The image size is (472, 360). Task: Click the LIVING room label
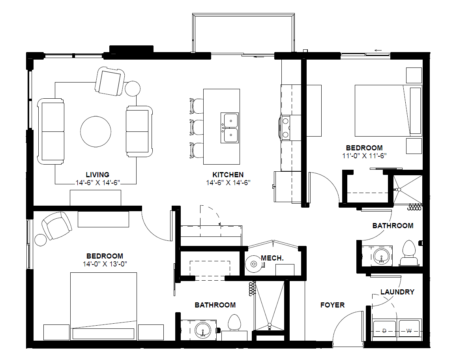tap(97, 174)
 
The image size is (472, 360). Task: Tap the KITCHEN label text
tap(228, 174)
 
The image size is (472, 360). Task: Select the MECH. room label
tap(272, 258)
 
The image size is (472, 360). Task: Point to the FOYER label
tap(332, 305)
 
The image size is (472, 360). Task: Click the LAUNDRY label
tap(397, 292)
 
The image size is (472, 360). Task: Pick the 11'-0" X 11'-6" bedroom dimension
tap(364, 156)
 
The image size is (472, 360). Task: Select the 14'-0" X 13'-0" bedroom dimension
tap(105, 264)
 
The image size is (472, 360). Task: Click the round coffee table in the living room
tap(96, 131)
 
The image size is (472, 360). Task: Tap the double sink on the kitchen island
tap(230, 128)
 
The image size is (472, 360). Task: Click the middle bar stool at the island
tap(196, 127)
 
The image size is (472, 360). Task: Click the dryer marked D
tap(384, 331)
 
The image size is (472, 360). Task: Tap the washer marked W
tap(409, 331)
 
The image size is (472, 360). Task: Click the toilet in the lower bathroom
tap(234, 323)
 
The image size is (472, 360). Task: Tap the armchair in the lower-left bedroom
tap(56, 225)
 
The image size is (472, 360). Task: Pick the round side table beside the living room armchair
tap(133, 89)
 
